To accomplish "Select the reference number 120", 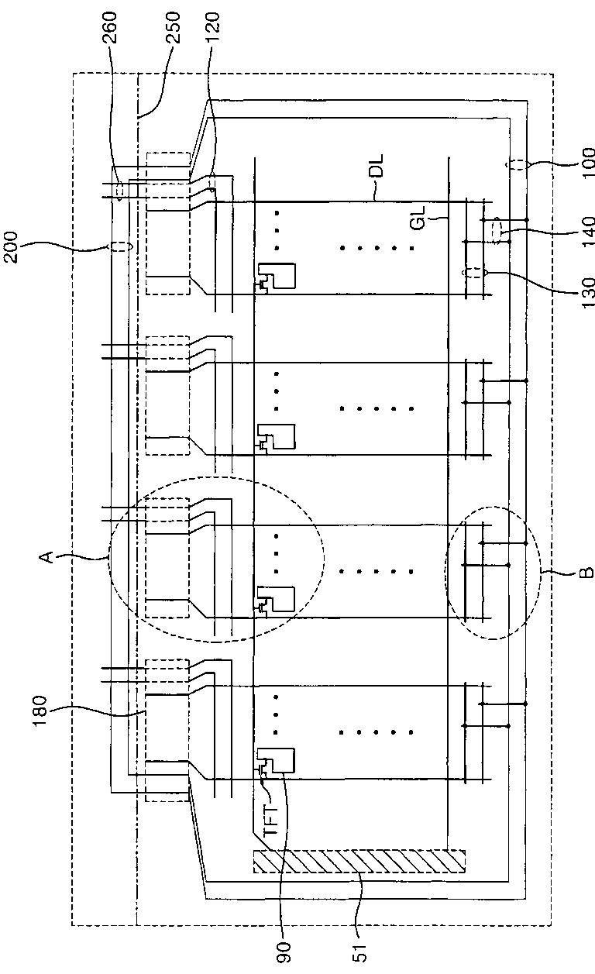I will click(x=216, y=30).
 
